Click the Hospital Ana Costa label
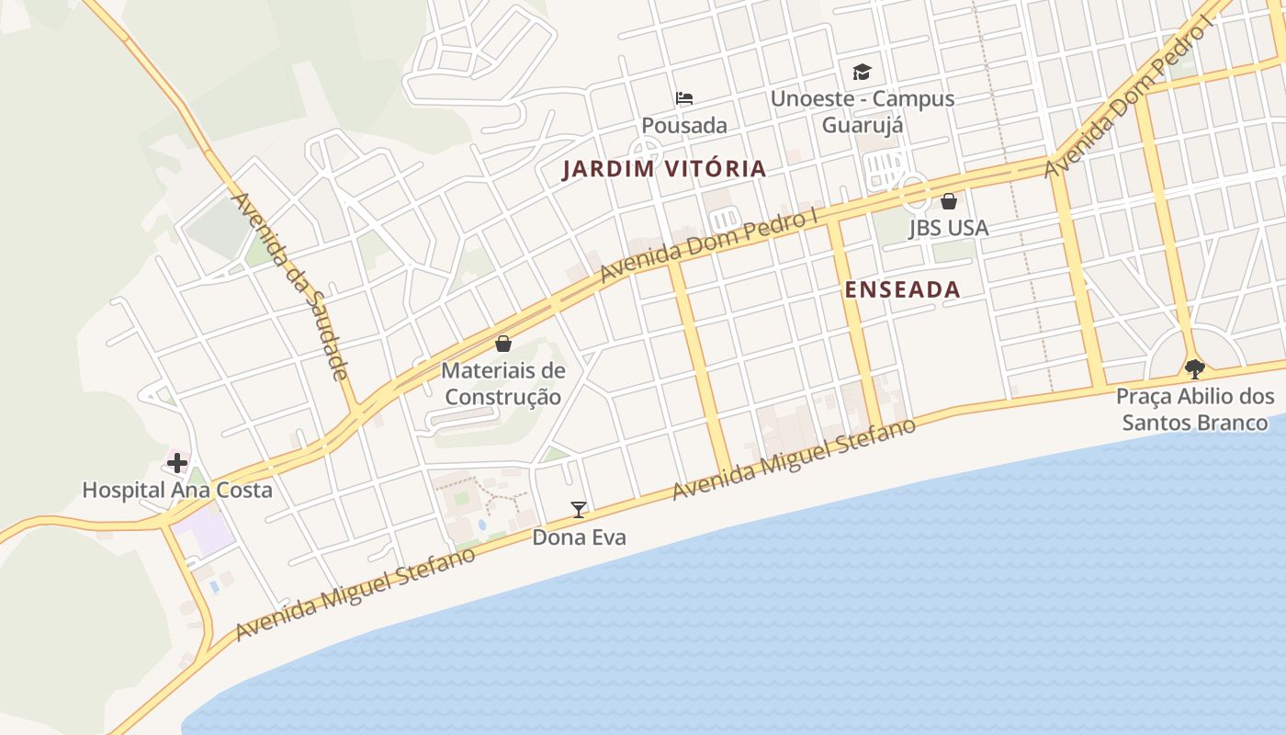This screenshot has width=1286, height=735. tap(177, 490)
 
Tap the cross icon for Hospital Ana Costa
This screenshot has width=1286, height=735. tap(177, 463)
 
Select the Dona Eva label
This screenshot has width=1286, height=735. tap(579, 537)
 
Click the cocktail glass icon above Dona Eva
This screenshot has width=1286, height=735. tap(579, 510)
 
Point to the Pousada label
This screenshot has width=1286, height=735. tap(684, 125)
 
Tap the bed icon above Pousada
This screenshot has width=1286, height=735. tap(684, 98)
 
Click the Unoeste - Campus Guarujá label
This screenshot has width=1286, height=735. tap(863, 111)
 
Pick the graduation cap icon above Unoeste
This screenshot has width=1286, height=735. tap(862, 72)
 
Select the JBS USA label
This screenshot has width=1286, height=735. tap(949, 228)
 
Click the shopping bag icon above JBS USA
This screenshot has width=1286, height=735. tap(949, 200)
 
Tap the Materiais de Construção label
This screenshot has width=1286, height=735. tap(503, 384)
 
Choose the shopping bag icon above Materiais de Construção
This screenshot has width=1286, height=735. tap(503, 344)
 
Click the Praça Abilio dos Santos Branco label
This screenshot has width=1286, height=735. tap(1195, 409)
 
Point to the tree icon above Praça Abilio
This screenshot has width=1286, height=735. tap(1194, 369)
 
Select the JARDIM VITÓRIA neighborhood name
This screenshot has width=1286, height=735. tap(664, 168)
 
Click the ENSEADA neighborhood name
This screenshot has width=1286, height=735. tap(902, 289)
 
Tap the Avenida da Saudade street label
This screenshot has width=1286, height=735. tap(289, 285)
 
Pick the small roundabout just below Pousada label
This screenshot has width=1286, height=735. tap(645, 150)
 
